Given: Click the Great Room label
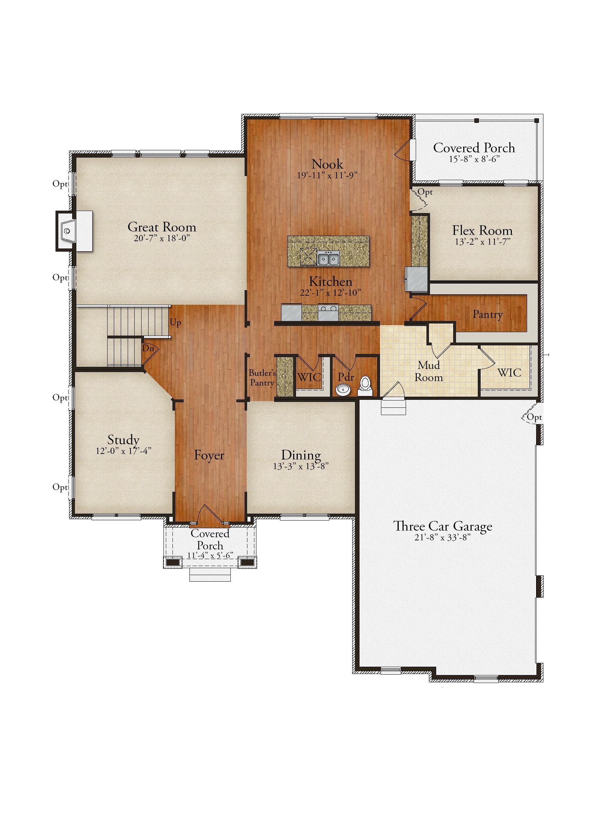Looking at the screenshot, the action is pyautogui.click(x=162, y=227).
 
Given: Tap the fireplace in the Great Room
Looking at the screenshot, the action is pyautogui.click(x=74, y=231).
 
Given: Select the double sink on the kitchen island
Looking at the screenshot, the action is pyautogui.click(x=329, y=259).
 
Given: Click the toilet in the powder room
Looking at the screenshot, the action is pyautogui.click(x=365, y=385).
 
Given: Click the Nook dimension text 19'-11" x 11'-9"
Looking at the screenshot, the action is pyautogui.click(x=327, y=175).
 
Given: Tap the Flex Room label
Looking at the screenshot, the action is pyautogui.click(x=482, y=230).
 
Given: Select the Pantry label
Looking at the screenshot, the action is pyautogui.click(x=488, y=314).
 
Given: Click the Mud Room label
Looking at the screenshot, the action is pyautogui.click(x=429, y=371).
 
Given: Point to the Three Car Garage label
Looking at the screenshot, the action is pyautogui.click(x=443, y=526).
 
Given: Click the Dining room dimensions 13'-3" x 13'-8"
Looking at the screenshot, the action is pyautogui.click(x=301, y=466).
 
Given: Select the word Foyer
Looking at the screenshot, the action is pyautogui.click(x=209, y=455).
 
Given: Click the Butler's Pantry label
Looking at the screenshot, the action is pyautogui.click(x=262, y=378).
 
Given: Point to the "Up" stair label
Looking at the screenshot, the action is pyautogui.click(x=175, y=323).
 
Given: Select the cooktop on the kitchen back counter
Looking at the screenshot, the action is pyautogui.click(x=329, y=313).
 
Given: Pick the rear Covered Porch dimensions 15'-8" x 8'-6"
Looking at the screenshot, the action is pyautogui.click(x=474, y=159).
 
